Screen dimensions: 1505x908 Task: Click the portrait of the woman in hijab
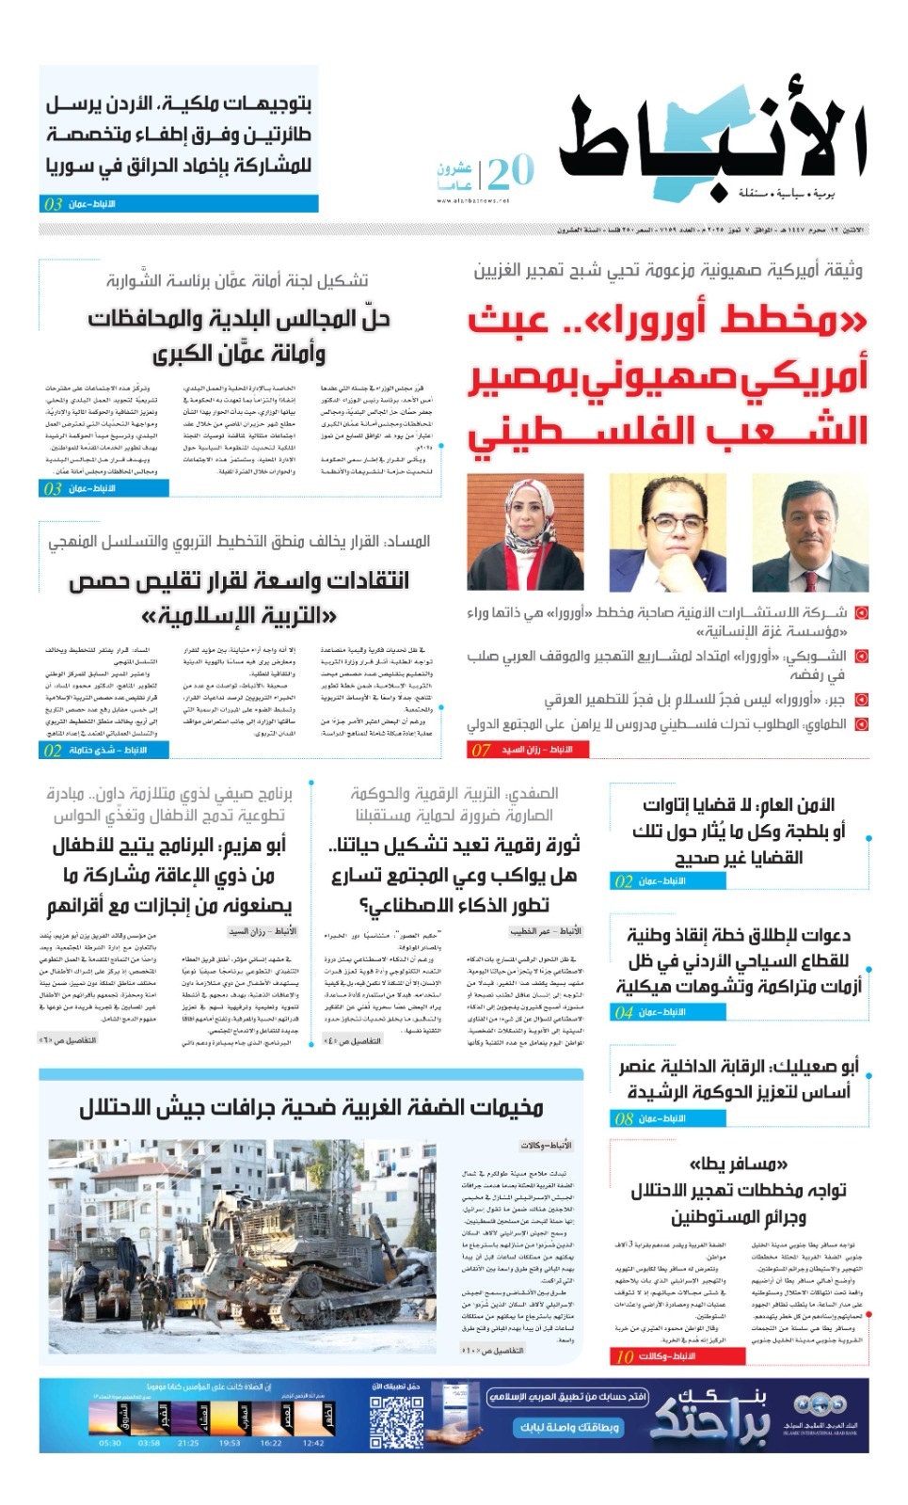click(525, 532)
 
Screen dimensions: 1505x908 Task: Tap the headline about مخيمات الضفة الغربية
click(311, 1108)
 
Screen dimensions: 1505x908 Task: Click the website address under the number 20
click(472, 200)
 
